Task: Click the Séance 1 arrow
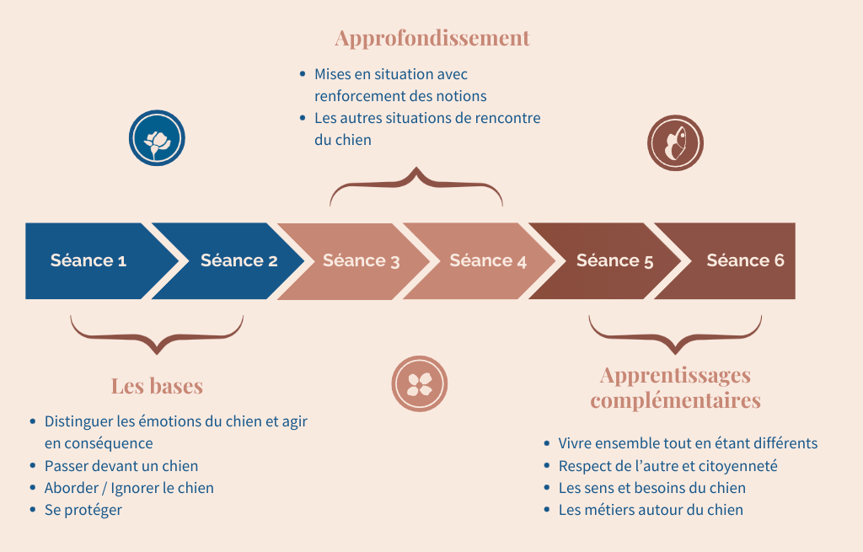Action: point(88,260)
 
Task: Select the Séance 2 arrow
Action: point(239,260)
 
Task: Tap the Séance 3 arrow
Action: point(361,260)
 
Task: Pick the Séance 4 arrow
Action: point(487,260)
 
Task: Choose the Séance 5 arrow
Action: point(614,260)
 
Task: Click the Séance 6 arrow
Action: point(744,260)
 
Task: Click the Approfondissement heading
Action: point(431,38)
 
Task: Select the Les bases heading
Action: point(157,386)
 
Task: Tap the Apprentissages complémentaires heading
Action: point(675,387)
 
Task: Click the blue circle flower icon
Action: point(157,138)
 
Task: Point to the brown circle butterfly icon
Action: point(675,142)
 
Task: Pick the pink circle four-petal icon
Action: point(420,383)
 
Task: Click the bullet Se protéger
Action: point(83,510)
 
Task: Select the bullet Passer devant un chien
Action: point(121,466)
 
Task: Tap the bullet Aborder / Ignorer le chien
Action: point(129,488)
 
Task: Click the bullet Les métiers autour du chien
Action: point(651,510)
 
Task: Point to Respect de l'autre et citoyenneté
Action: point(667,466)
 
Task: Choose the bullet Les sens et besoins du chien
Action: point(651,488)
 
